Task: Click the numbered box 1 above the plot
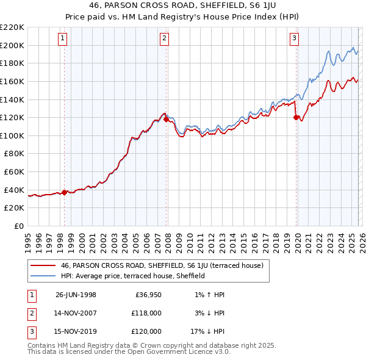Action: [63, 38]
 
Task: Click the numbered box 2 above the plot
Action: [165, 38]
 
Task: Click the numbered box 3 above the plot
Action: [294, 38]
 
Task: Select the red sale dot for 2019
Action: [296, 117]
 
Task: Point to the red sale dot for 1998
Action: [65, 192]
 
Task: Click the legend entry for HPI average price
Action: [132, 276]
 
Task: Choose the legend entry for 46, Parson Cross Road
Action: [162, 265]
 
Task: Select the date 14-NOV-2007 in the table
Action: [76, 313]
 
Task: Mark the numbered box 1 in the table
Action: [31, 295]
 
